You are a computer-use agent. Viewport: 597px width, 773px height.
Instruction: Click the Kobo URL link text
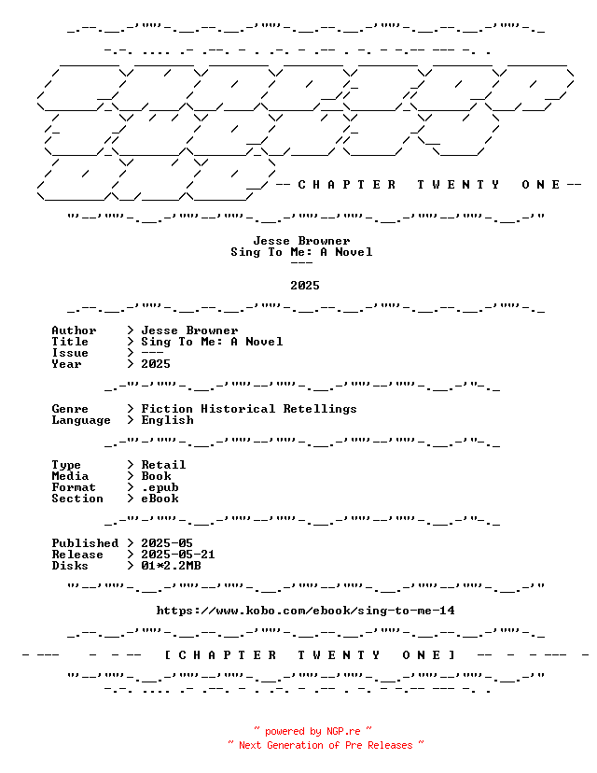(305, 611)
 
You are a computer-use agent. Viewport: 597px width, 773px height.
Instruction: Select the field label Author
(74, 330)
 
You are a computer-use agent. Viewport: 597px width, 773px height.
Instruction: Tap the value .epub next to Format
(160, 487)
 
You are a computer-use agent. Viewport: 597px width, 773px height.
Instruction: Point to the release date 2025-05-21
(178, 555)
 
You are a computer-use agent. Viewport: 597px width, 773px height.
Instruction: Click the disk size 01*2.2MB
(171, 566)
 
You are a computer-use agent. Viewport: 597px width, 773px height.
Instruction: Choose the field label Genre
(70, 409)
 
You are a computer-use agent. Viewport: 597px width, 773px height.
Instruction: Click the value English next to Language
(168, 420)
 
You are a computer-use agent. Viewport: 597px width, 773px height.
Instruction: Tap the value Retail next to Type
(163, 465)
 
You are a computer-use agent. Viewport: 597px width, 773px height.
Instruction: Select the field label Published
(85, 543)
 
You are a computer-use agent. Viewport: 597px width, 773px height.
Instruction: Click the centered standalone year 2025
(305, 286)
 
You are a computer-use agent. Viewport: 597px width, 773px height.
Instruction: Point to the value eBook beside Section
(160, 499)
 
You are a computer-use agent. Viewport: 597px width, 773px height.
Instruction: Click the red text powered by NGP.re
(312, 731)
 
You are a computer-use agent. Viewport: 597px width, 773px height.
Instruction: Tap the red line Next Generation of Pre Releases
(326, 745)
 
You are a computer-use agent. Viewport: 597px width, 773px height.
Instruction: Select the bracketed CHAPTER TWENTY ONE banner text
(310, 655)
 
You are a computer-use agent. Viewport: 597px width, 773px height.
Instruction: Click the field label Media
(70, 476)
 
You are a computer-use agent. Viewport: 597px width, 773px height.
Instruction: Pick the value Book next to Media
(156, 476)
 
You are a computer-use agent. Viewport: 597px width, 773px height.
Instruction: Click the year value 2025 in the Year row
(156, 364)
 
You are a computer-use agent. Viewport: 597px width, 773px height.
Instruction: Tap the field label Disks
(70, 566)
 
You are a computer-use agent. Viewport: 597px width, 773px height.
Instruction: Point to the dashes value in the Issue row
(152, 353)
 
